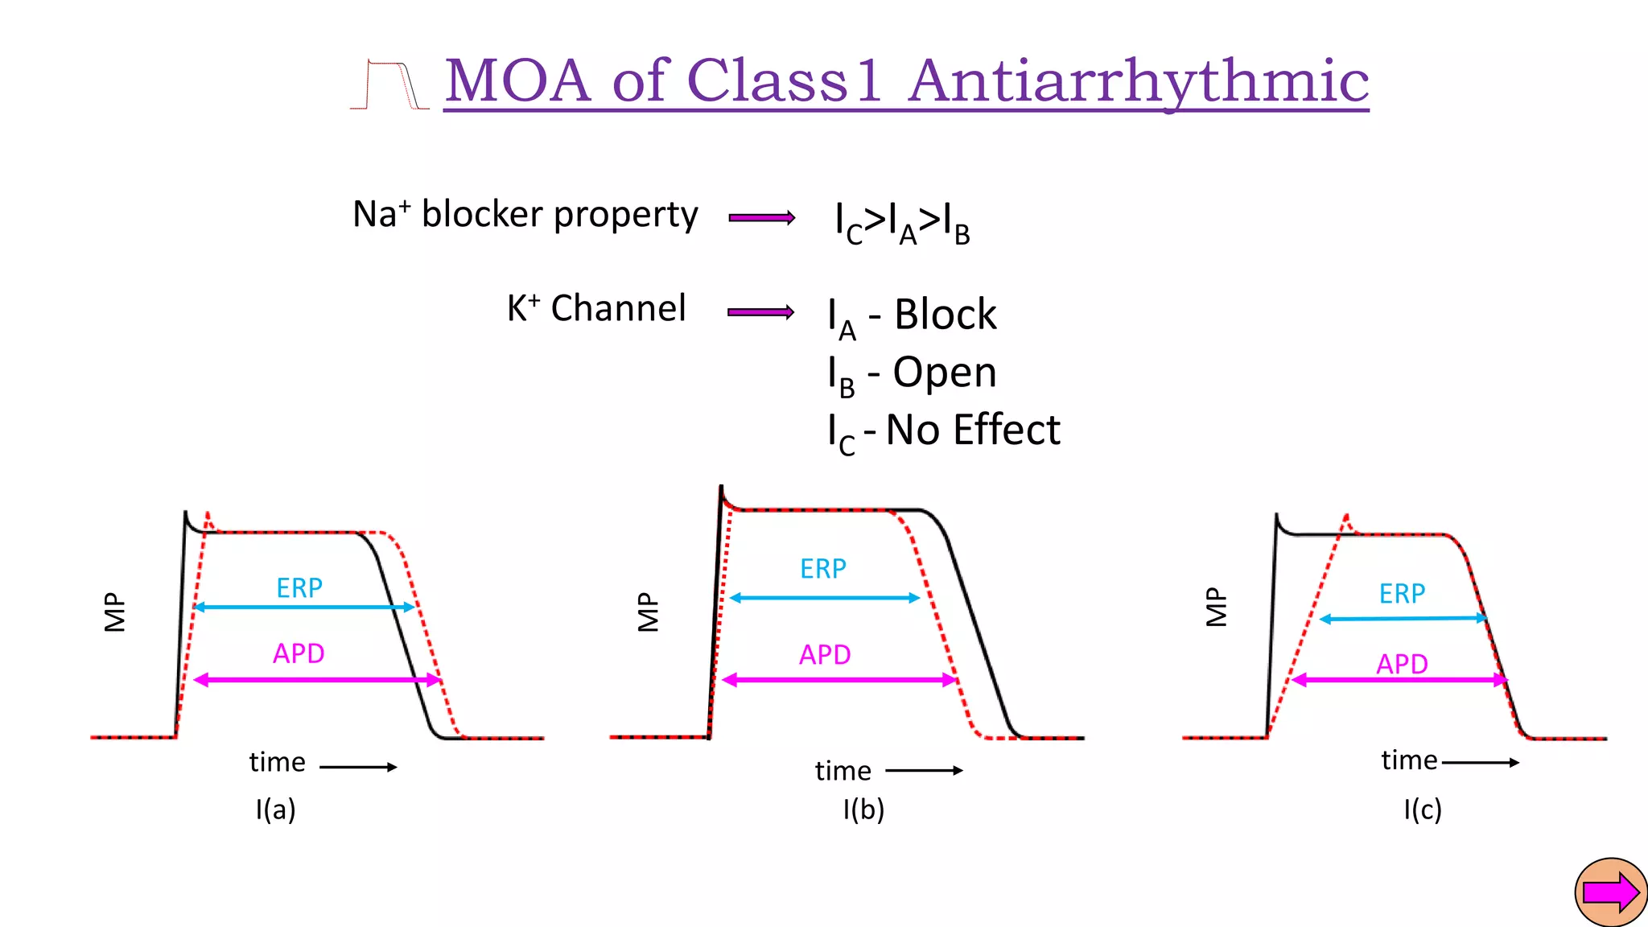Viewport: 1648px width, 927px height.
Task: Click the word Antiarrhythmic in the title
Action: (1139, 82)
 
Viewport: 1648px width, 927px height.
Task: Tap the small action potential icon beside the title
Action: (389, 84)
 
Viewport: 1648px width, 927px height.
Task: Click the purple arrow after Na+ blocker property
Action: (761, 217)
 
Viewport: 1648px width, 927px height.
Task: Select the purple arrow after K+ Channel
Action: (760, 312)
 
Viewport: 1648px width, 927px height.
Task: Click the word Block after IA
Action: (946, 315)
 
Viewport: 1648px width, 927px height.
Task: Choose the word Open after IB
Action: (945, 373)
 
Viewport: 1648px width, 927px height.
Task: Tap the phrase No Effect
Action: (973, 430)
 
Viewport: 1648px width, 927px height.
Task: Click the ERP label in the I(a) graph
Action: (299, 588)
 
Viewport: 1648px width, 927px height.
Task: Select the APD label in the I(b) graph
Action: (825, 655)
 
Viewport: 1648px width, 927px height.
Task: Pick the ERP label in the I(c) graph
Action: (1402, 594)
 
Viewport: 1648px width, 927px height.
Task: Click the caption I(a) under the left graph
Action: (276, 809)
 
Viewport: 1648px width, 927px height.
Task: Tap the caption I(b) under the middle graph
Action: (863, 809)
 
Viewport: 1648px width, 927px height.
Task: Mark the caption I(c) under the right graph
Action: (1423, 809)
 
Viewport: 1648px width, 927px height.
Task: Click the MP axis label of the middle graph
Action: (649, 612)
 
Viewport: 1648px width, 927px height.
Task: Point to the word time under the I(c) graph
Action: (1409, 760)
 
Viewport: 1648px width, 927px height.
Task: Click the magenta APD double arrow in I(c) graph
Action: (1400, 681)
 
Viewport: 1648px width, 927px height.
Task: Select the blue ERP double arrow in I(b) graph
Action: (825, 598)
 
